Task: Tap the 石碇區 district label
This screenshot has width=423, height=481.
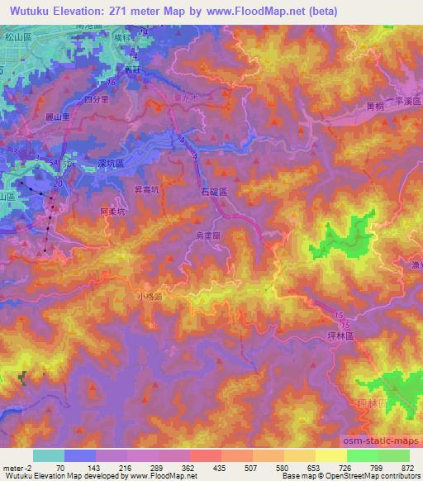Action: pyautogui.click(x=213, y=191)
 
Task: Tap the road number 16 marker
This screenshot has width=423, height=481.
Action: pyautogui.click(x=111, y=83)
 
